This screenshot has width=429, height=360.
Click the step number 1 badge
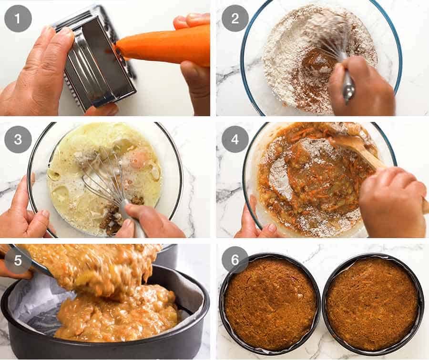click(x=18, y=19)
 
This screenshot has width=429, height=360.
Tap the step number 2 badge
click(x=235, y=19)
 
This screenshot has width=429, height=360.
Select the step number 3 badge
click(x=18, y=140)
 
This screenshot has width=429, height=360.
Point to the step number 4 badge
click(x=235, y=140)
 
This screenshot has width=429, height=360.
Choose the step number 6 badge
click(x=235, y=260)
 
